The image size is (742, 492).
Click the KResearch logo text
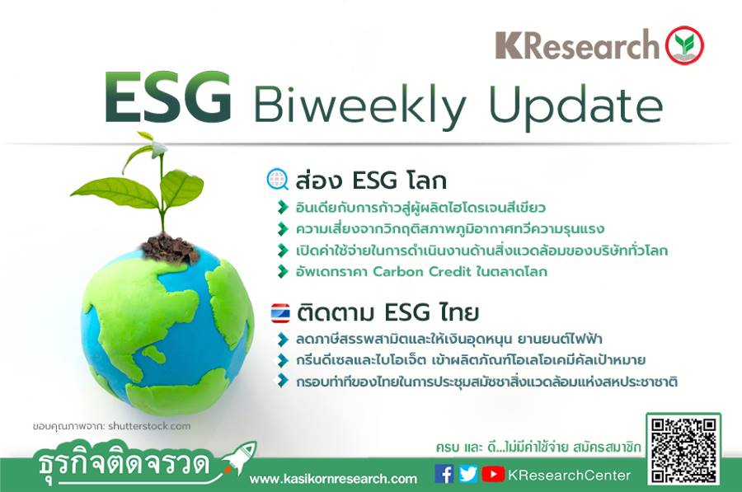point(577,47)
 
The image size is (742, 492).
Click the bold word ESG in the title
point(168,99)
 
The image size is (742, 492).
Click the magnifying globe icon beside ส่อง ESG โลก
point(278,178)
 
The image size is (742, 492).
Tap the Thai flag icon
point(280,314)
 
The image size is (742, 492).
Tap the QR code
point(683,449)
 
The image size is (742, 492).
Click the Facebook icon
point(444,474)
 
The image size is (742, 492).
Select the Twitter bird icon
point(467,474)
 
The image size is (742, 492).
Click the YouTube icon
point(493,474)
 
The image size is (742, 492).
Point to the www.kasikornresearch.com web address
point(333,479)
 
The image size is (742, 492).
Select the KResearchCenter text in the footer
point(570,475)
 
